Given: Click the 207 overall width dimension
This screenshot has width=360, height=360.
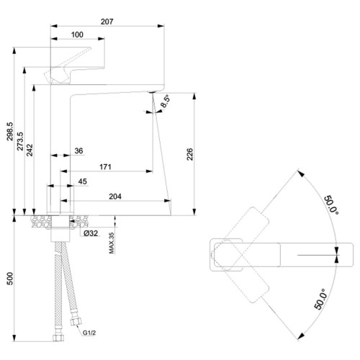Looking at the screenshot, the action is tap(107, 22).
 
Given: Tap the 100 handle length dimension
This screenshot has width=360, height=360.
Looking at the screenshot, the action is tap(77, 35).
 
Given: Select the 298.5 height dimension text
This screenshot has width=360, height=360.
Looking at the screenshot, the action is tap(10, 131).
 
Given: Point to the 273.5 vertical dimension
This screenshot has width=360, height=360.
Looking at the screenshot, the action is tap(20, 141).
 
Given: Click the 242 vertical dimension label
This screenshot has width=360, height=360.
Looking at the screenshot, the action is tap(30, 150).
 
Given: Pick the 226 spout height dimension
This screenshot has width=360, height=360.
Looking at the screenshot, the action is tap(190, 154).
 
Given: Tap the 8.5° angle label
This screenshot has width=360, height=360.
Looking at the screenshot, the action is tap(165, 102).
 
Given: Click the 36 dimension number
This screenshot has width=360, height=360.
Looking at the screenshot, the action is tap(78, 150).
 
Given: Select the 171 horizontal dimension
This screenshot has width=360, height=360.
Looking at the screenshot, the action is tap(105, 167).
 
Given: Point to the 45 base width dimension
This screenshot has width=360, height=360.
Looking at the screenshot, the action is tap(83, 181).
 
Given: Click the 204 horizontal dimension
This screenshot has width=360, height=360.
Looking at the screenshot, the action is tap(115, 197).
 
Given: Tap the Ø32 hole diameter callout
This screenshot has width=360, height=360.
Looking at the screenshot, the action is tap(91, 233).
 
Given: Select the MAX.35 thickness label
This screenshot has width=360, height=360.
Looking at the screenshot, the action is tap(112, 243).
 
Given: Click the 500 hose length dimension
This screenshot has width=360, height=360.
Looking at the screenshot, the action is tap(10, 279).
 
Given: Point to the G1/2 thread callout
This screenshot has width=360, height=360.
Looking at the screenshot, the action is tap(89, 333).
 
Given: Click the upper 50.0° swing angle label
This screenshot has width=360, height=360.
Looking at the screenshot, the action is tap(331, 205).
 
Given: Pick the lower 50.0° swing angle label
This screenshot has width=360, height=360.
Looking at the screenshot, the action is tap(320, 299).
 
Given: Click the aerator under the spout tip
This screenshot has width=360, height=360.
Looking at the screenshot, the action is tap(152, 92).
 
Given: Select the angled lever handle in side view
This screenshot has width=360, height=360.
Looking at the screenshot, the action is tap(68, 66).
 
